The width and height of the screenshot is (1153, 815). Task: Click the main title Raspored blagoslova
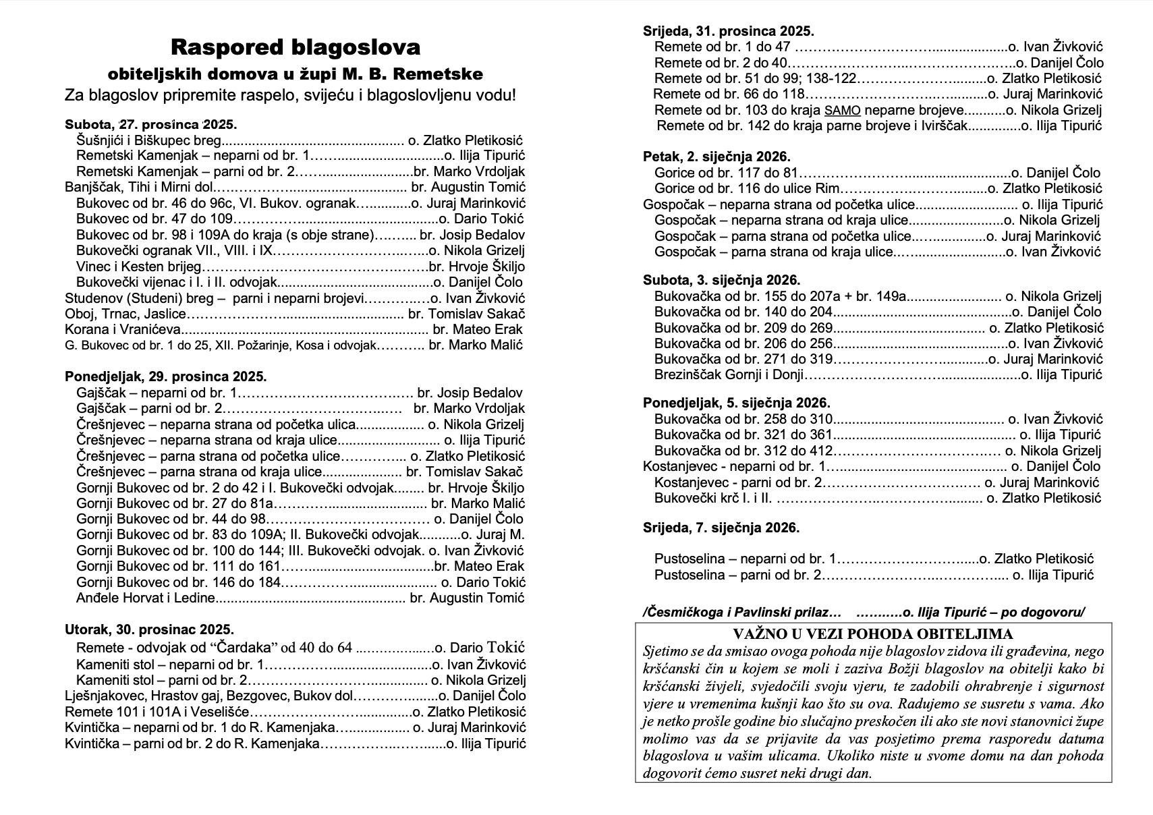pyautogui.click(x=296, y=47)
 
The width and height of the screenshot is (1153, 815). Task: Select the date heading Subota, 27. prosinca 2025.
pyautogui.click(x=150, y=125)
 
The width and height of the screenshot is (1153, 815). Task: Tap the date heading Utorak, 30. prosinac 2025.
pyautogui.click(x=149, y=630)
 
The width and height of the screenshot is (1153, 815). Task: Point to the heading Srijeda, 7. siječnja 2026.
pyautogui.click(x=721, y=528)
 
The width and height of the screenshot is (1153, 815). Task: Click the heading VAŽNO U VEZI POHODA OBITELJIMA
pyautogui.click(x=873, y=634)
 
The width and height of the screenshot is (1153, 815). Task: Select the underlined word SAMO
pyautogui.click(x=841, y=111)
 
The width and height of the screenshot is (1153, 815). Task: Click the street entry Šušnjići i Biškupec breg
pyautogui.click(x=149, y=140)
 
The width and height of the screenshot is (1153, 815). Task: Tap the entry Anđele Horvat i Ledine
pyautogui.click(x=146, y=598)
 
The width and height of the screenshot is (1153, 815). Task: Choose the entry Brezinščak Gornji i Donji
pyautogui.click(x=729, y=375)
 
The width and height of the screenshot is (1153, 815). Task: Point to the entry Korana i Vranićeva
pyautogui.click(x=123, y=330)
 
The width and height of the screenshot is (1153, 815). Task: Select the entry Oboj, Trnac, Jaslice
pyautogui.click(x=125, y=314)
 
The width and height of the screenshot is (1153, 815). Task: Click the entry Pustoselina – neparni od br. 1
pyautogui.click(x=744, y=559)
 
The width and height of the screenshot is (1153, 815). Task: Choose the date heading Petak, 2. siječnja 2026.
pyautogui.click(x=716, y=157)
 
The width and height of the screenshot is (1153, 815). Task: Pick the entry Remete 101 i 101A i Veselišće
pyautogui.click(x=157, y=712)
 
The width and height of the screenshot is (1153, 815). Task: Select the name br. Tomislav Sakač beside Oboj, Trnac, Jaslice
pyautogui.click(x=467, y=314)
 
